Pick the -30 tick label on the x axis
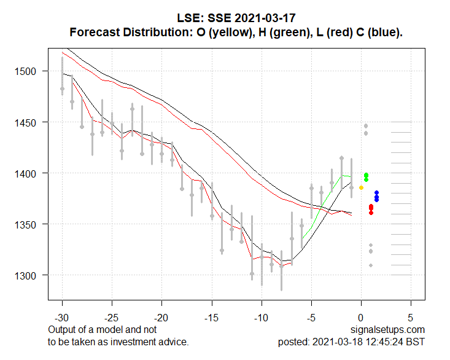(x=62, y=319)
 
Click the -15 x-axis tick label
(x=212, y=319)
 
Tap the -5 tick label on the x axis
(x=312, y=319)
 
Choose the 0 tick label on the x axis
(x=362, y=319)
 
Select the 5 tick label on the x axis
(x=411, y=319)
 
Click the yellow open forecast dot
(x=362, y=187)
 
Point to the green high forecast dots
(x=367, y=177)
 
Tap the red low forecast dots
(x=371, y=209)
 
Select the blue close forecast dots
(x=376, y=197)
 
